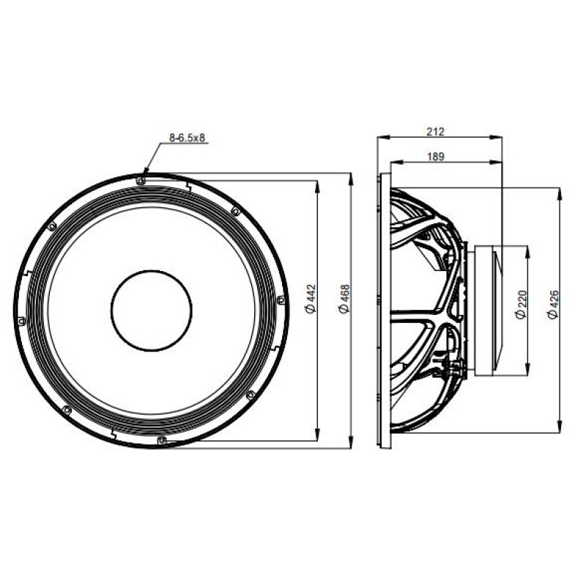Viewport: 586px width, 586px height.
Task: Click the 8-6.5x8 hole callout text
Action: pyautogui.click(x=188, y=138)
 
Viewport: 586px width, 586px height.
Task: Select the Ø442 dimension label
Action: pyautogui.click(x=311, y=299)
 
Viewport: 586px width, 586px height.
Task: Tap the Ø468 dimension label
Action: pyautogui.click(x=344, y=299)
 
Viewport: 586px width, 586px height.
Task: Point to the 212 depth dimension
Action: pyautogui.click(x=435, y=132)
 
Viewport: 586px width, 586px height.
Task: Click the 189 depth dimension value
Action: pyautogui.click(x=435, y=157)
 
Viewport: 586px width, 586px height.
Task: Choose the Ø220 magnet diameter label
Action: pyautogui.click(x=521, y=305)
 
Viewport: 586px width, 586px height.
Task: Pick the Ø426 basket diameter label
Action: pyautogui.click(x=553, y=305)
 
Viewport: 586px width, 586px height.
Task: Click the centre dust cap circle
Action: pyautogui.click(x=152, y=270)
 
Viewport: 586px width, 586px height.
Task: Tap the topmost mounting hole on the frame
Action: pyautogui.click(x=141, y=181)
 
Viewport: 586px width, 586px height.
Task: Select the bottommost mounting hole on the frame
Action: pyautogui.click(x=162, y=440)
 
